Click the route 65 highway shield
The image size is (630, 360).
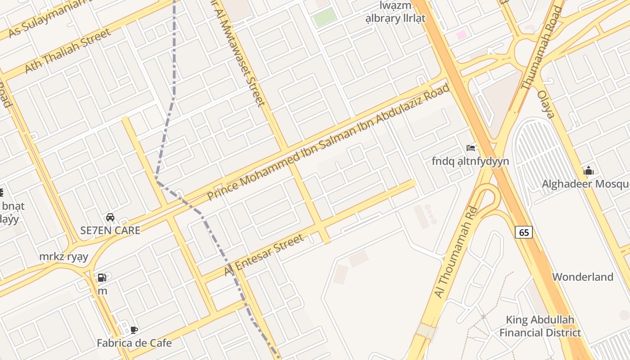click(x=524, y=232)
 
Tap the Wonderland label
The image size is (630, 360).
click(x=582, y=277)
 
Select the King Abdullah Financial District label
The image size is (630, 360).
click(x=540, y=326)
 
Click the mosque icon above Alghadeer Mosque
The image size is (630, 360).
click(x=588, y=171)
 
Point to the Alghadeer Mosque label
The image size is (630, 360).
click(x=585, y=184)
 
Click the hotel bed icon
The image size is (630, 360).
click(x=471, y=148)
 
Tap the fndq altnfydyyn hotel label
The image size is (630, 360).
click(x=470, y=161)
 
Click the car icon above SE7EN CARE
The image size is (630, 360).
click(x=110, y=217)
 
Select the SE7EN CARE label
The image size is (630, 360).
click(x=110, y=230)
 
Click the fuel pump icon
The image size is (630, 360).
click(x=102, y=278)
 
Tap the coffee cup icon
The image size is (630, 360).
click(x=134, y=330)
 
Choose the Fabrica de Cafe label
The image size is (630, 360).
click(x=134, y=343)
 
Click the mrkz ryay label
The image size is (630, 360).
click(x=63, y=256)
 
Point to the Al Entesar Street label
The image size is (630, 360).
click(x=264, y=255)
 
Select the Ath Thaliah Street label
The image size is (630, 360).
click(x=67, y=51)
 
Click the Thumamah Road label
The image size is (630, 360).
click(x=542, y=47)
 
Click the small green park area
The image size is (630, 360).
click(x=325, y=17)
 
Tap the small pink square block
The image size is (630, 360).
click(x=462, y=35)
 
